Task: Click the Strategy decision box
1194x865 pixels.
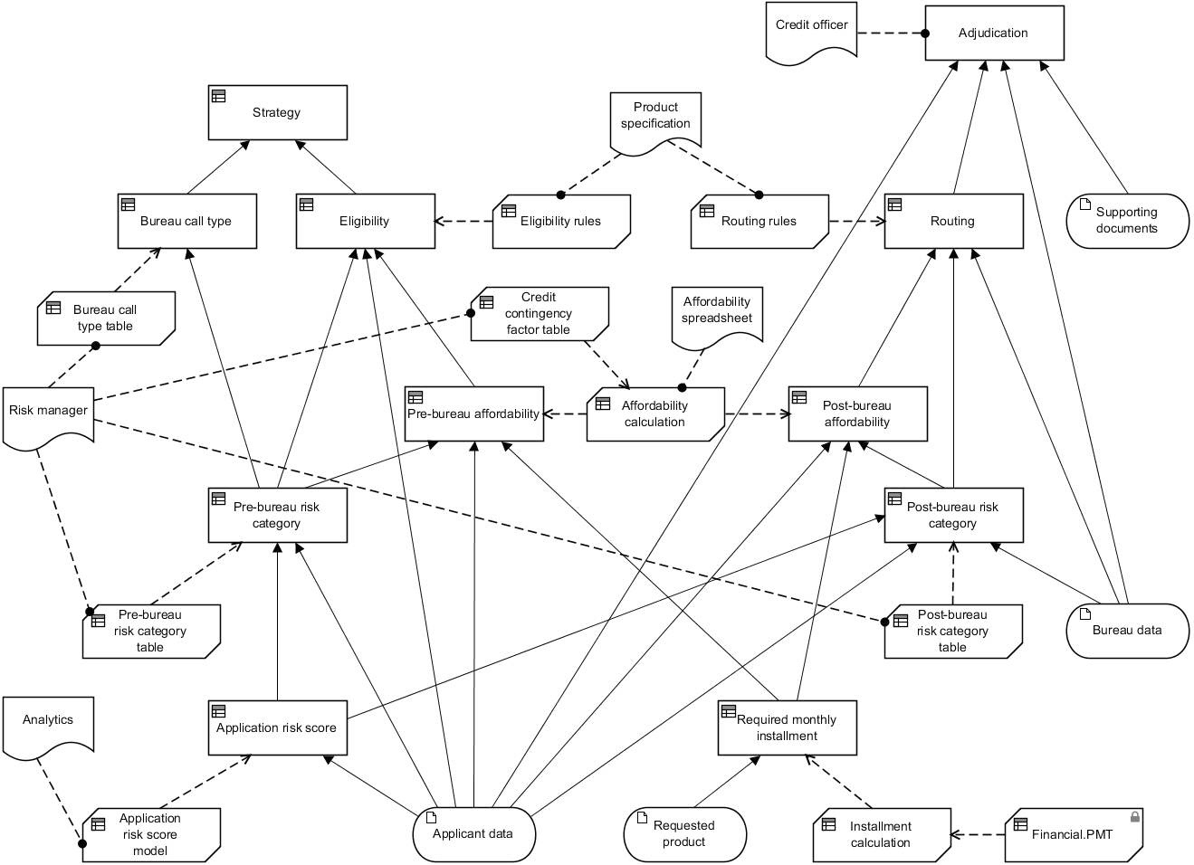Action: pos(277,113)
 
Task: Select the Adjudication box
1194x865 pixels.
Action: pos(993,33)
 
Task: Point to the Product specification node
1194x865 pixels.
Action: pos(655,118)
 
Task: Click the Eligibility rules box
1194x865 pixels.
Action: pos(560,221)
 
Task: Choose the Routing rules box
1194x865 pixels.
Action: pos(759,221)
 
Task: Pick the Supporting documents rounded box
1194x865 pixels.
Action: pos(1127,221)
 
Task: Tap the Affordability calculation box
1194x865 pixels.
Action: pos(654,414)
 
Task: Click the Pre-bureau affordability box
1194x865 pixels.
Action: pos(473,414)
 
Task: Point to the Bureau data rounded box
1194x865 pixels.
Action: pos(1127,631)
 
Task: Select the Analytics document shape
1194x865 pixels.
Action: pos(48,723)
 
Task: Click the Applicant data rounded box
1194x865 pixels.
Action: pos(473,833)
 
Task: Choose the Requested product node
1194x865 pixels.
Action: pos(684,833)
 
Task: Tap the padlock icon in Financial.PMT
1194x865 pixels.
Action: pos(1135,817)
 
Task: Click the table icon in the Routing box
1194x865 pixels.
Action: pos(894,204)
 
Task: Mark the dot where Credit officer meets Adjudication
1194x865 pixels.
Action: pos(925,33)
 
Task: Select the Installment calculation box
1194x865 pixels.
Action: pos(881,834)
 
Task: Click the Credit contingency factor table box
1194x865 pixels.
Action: pos(539,313)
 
